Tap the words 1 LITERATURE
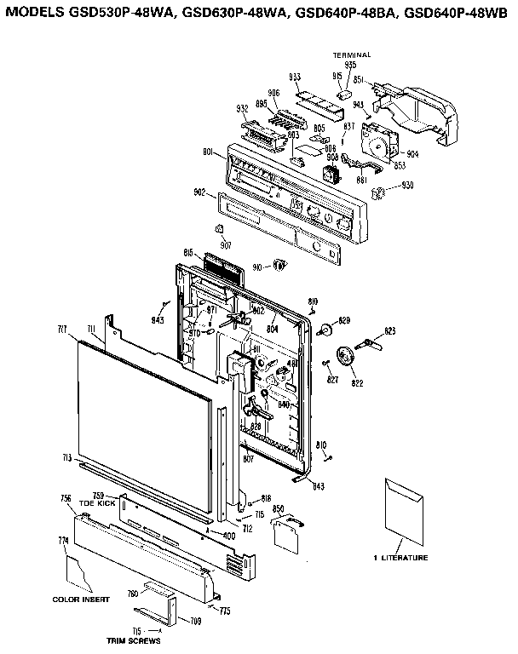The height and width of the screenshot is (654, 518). [400, 558]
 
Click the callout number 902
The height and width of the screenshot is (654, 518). [200, 192]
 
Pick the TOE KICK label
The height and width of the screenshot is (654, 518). [97, 503]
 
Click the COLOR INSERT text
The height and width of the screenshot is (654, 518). [81, 599]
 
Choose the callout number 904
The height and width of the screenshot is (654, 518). [412, 154]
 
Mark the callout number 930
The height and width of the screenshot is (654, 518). [408, 186]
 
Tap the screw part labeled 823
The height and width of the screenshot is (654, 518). [373, 343]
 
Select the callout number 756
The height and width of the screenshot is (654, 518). [66, 497]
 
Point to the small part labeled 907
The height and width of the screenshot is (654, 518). [218, 229]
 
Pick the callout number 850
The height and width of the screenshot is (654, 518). [278, 508]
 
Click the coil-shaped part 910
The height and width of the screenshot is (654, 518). [278, 267]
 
